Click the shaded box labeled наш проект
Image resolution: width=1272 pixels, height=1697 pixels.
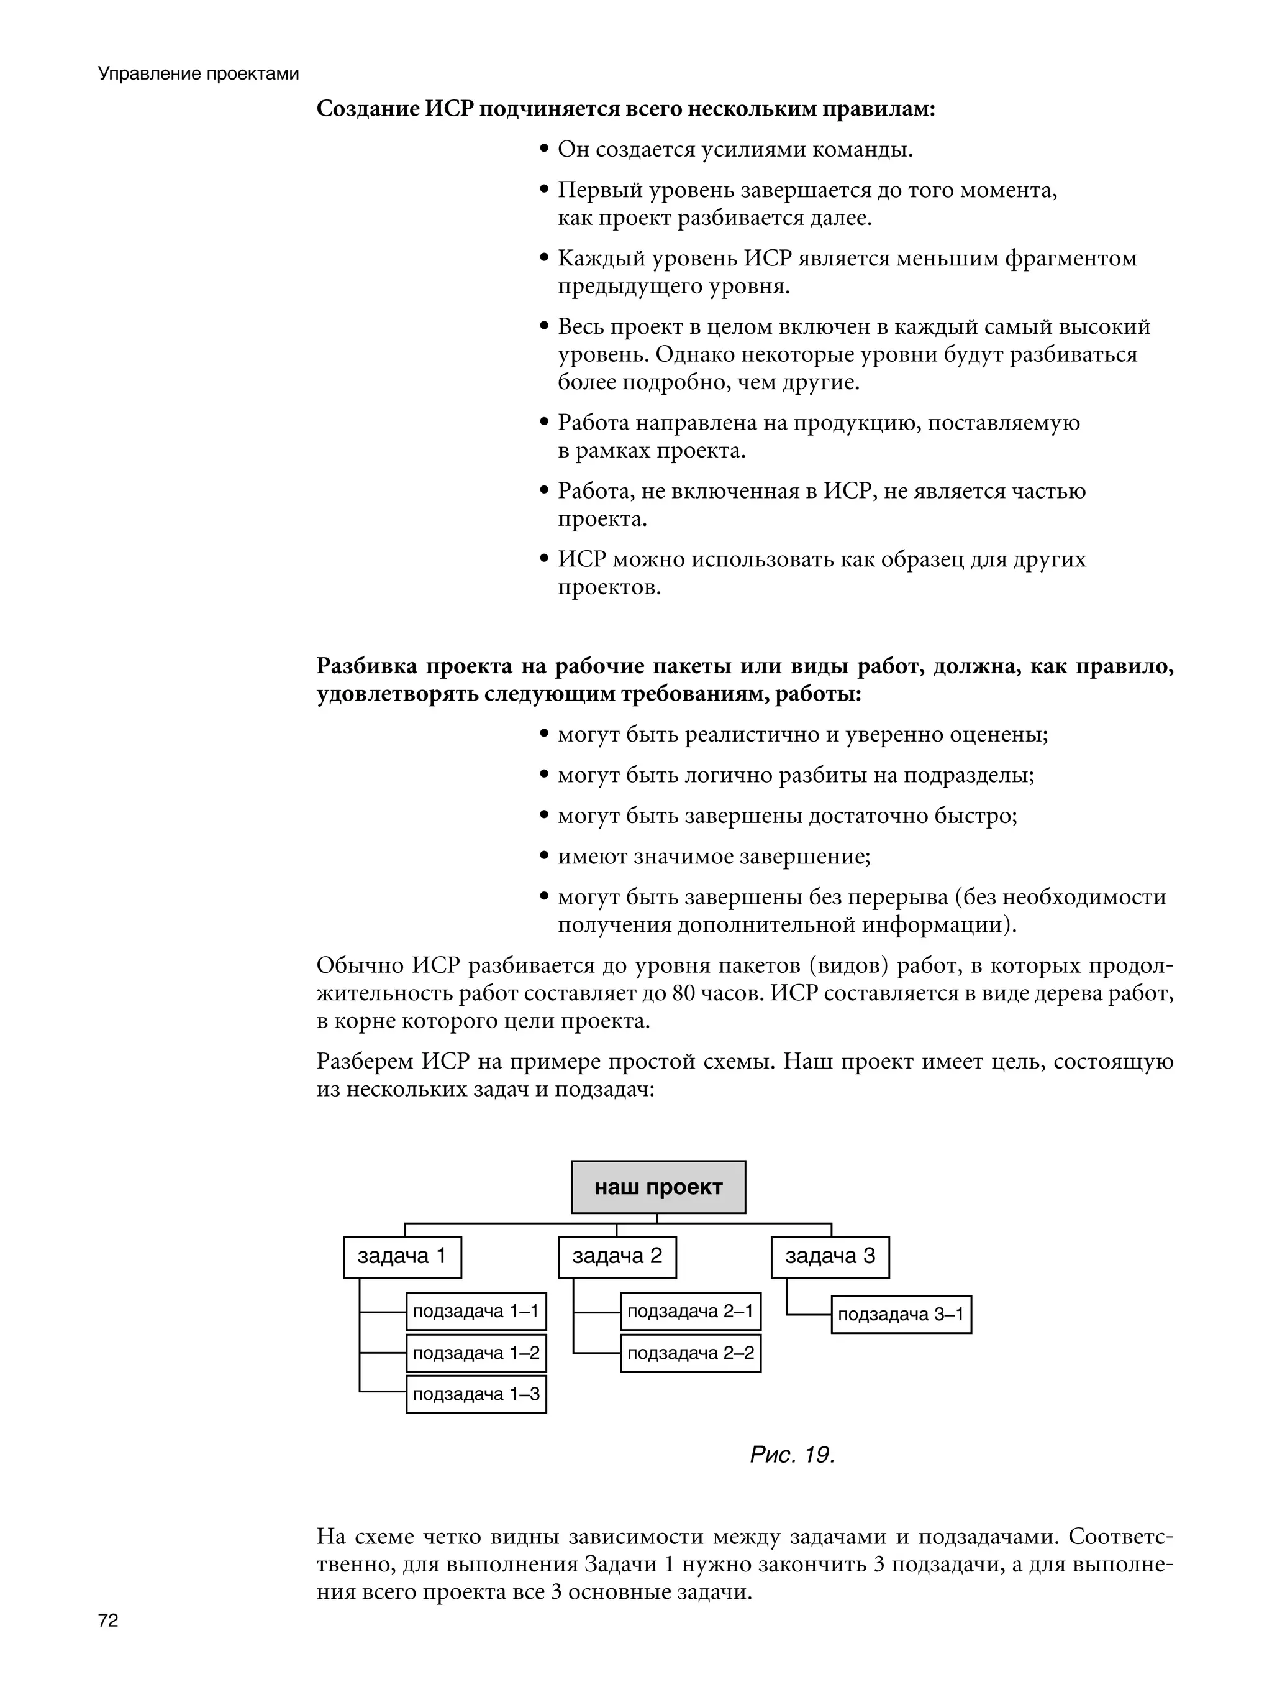coord(658,1187)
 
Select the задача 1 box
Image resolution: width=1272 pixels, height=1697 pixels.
coord(402,1256)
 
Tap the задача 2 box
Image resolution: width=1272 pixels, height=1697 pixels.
coord(617,1256)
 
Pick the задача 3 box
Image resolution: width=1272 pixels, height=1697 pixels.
coord(830,1256)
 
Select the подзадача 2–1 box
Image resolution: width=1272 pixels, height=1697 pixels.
coord(690,1311)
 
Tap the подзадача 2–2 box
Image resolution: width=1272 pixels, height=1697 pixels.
coord(690,1353)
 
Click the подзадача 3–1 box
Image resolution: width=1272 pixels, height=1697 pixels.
coord(901,1314)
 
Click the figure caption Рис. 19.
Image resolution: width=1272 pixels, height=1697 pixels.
coord(792,1455)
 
